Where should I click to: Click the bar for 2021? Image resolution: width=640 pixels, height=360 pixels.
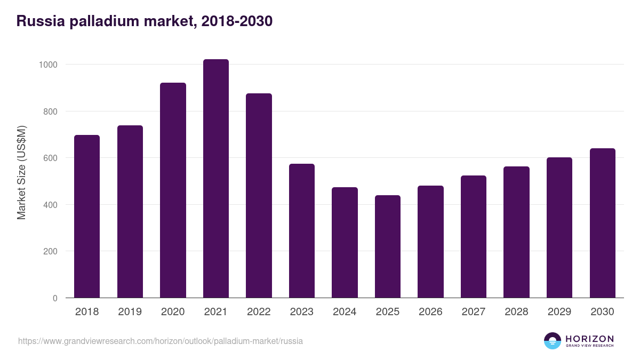coord(215,179)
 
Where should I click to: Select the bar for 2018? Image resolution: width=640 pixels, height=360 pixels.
coord(87,216)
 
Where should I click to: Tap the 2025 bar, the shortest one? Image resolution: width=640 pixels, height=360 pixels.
coord(387,246)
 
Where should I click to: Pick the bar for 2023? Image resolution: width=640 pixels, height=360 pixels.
coord(302,230)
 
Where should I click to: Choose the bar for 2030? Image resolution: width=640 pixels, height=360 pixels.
coord(602,223)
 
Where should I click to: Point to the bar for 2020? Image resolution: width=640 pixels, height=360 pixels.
coord(173,190)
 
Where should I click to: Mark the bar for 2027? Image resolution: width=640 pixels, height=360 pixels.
coord(474,236)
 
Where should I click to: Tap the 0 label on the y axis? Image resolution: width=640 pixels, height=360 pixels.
coord(54,298)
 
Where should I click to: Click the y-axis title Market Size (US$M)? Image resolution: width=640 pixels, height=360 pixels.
coord(21,172)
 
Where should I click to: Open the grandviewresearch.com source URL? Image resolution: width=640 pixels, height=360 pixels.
coord(161,341)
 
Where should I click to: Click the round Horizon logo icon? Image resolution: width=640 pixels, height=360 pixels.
coord(553,341)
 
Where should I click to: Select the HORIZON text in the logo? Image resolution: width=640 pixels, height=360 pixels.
coord(589,338)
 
